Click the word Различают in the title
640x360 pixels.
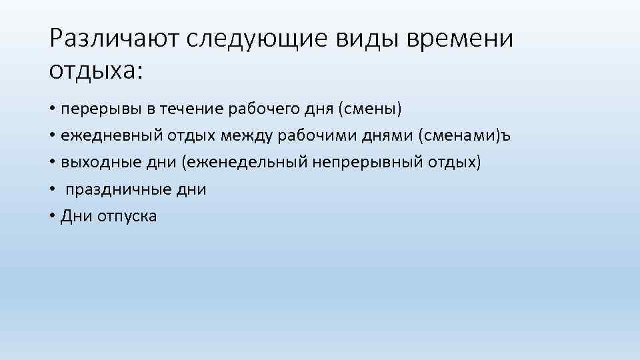(115, 39)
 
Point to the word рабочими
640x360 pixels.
(328, 135)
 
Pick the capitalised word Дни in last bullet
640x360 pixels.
(75, 216)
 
